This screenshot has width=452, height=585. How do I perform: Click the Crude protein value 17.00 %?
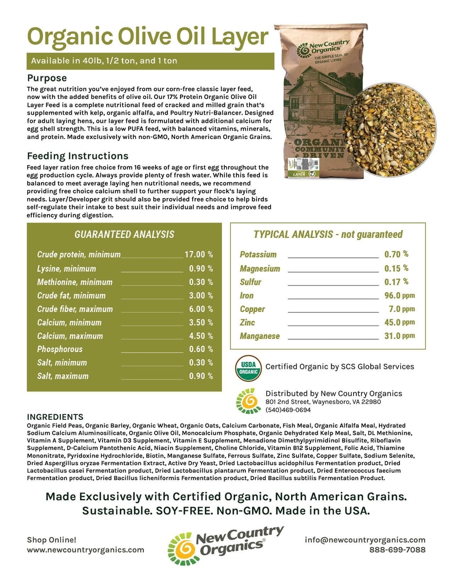(x=198, y=254)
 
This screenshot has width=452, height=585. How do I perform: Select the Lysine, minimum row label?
(x=66, y=269)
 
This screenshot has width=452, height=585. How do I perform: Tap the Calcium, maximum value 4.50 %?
(x=201, y=336)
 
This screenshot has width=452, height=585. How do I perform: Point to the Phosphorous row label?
(x=60, y=349)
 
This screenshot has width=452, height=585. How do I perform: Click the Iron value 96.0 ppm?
(x=399, y=295)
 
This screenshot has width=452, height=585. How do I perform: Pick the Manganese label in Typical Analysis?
(x=260, y=336)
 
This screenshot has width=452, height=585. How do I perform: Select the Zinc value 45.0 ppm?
(x=399, y=322)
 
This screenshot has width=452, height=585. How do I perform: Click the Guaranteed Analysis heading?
(x=124, y=234)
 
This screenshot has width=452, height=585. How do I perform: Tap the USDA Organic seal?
(x=248, y=368)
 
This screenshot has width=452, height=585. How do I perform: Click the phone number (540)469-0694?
(x=288, y=410)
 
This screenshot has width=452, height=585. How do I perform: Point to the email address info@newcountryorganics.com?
(x=365, y=540)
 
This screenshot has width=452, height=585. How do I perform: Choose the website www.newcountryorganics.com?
(x=85, y=549)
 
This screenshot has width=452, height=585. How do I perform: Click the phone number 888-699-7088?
(x=397, y=549)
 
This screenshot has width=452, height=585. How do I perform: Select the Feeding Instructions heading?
(x=78, y=156)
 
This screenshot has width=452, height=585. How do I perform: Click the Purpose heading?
(x=47, y=78)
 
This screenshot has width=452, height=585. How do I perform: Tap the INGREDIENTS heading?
(x=55, y=417)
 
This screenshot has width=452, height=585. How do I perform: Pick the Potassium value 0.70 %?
(x=396, y=254)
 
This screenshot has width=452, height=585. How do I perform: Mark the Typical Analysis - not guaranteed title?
(x=328, y=234)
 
